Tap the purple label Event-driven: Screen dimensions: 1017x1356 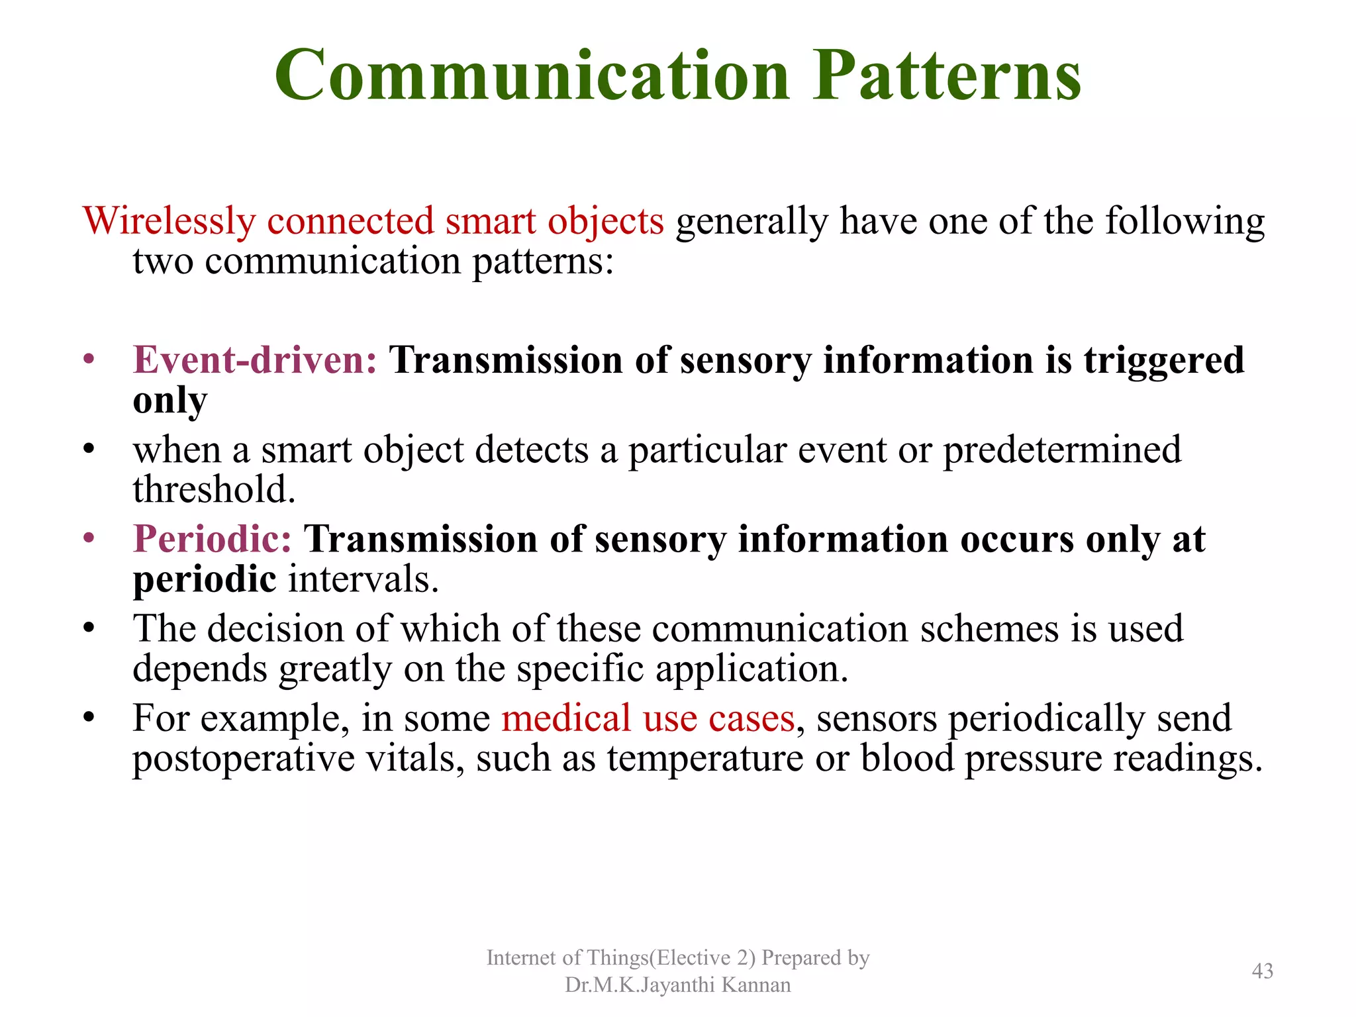255,361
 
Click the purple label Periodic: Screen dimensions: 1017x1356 212,539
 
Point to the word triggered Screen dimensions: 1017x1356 1164,361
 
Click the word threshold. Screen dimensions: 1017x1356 214,490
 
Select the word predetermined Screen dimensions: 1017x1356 1061,450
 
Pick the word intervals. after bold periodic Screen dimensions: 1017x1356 363,580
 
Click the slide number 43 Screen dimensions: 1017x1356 1262,971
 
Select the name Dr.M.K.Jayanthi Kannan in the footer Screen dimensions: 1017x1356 677,985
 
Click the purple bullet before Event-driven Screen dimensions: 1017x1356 89,361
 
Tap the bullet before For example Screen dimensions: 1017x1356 89,718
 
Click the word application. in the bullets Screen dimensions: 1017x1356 751,669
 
